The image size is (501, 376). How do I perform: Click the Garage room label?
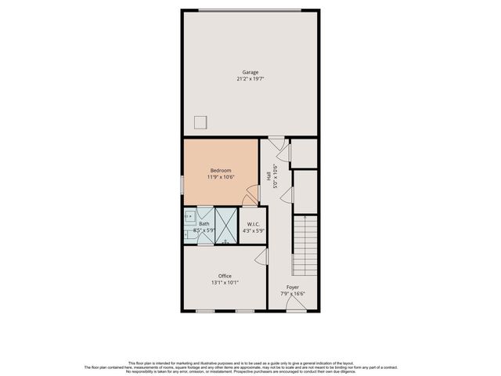coord(250,72)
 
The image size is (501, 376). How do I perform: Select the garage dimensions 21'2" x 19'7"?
coord(250,79)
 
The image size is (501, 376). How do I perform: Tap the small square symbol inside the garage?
coord(201,121)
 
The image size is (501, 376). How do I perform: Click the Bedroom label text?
coord(220,170)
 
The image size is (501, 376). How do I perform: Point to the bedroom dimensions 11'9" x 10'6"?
coord(220,177)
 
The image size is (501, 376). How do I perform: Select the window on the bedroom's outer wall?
coord(183,183)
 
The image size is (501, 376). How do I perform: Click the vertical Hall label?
coord(269,179)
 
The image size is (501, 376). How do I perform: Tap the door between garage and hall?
coord(276,142)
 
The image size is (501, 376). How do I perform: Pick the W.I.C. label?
coord(254,225)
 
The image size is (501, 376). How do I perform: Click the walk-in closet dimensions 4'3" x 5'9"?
coord(254,231)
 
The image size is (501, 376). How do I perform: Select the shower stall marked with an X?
coord(225,226)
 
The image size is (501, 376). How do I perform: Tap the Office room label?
coord(225,276)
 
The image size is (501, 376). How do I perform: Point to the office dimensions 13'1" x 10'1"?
coord(225,283)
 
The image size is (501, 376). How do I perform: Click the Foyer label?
coord(292,287)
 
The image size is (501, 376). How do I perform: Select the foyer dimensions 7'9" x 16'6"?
coord(292,294)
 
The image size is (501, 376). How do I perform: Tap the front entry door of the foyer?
coord(295,307)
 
